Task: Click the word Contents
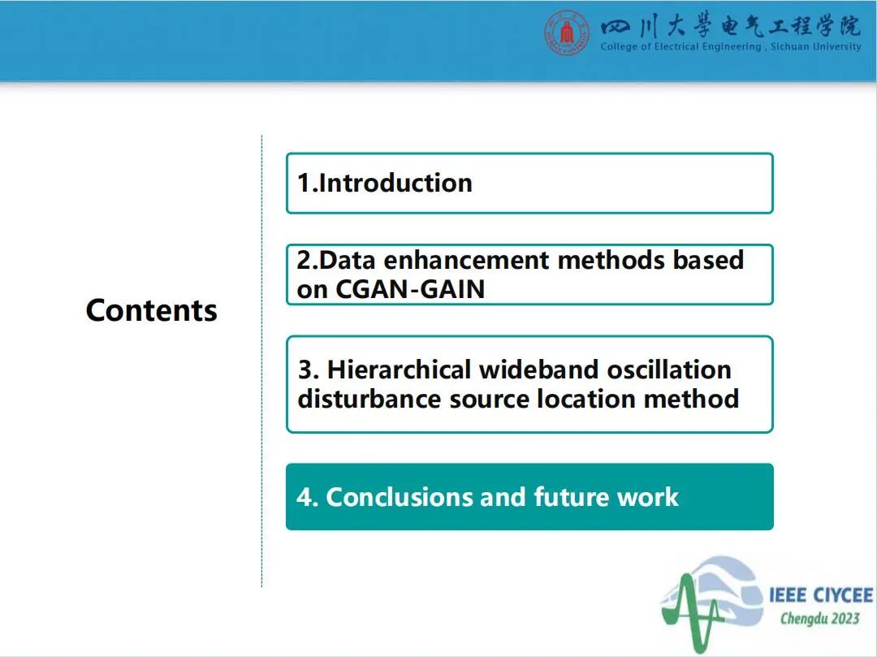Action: click(x=152, y=310)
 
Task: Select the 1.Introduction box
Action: click(x=529, y=184)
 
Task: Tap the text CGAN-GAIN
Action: click(x=410, y=289)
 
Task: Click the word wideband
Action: click(x=539, y=370)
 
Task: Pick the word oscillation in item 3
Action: click(x=669, y=370)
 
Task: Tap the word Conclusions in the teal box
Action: click(x=400, y=496)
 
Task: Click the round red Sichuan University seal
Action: click(x=567, y=33)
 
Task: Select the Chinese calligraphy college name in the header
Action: click(x=731, y=26)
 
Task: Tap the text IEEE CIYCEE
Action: click(x=820, y=595)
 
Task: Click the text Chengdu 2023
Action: click(x=820, y=618)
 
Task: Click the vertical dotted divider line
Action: click(x=261, y=361)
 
